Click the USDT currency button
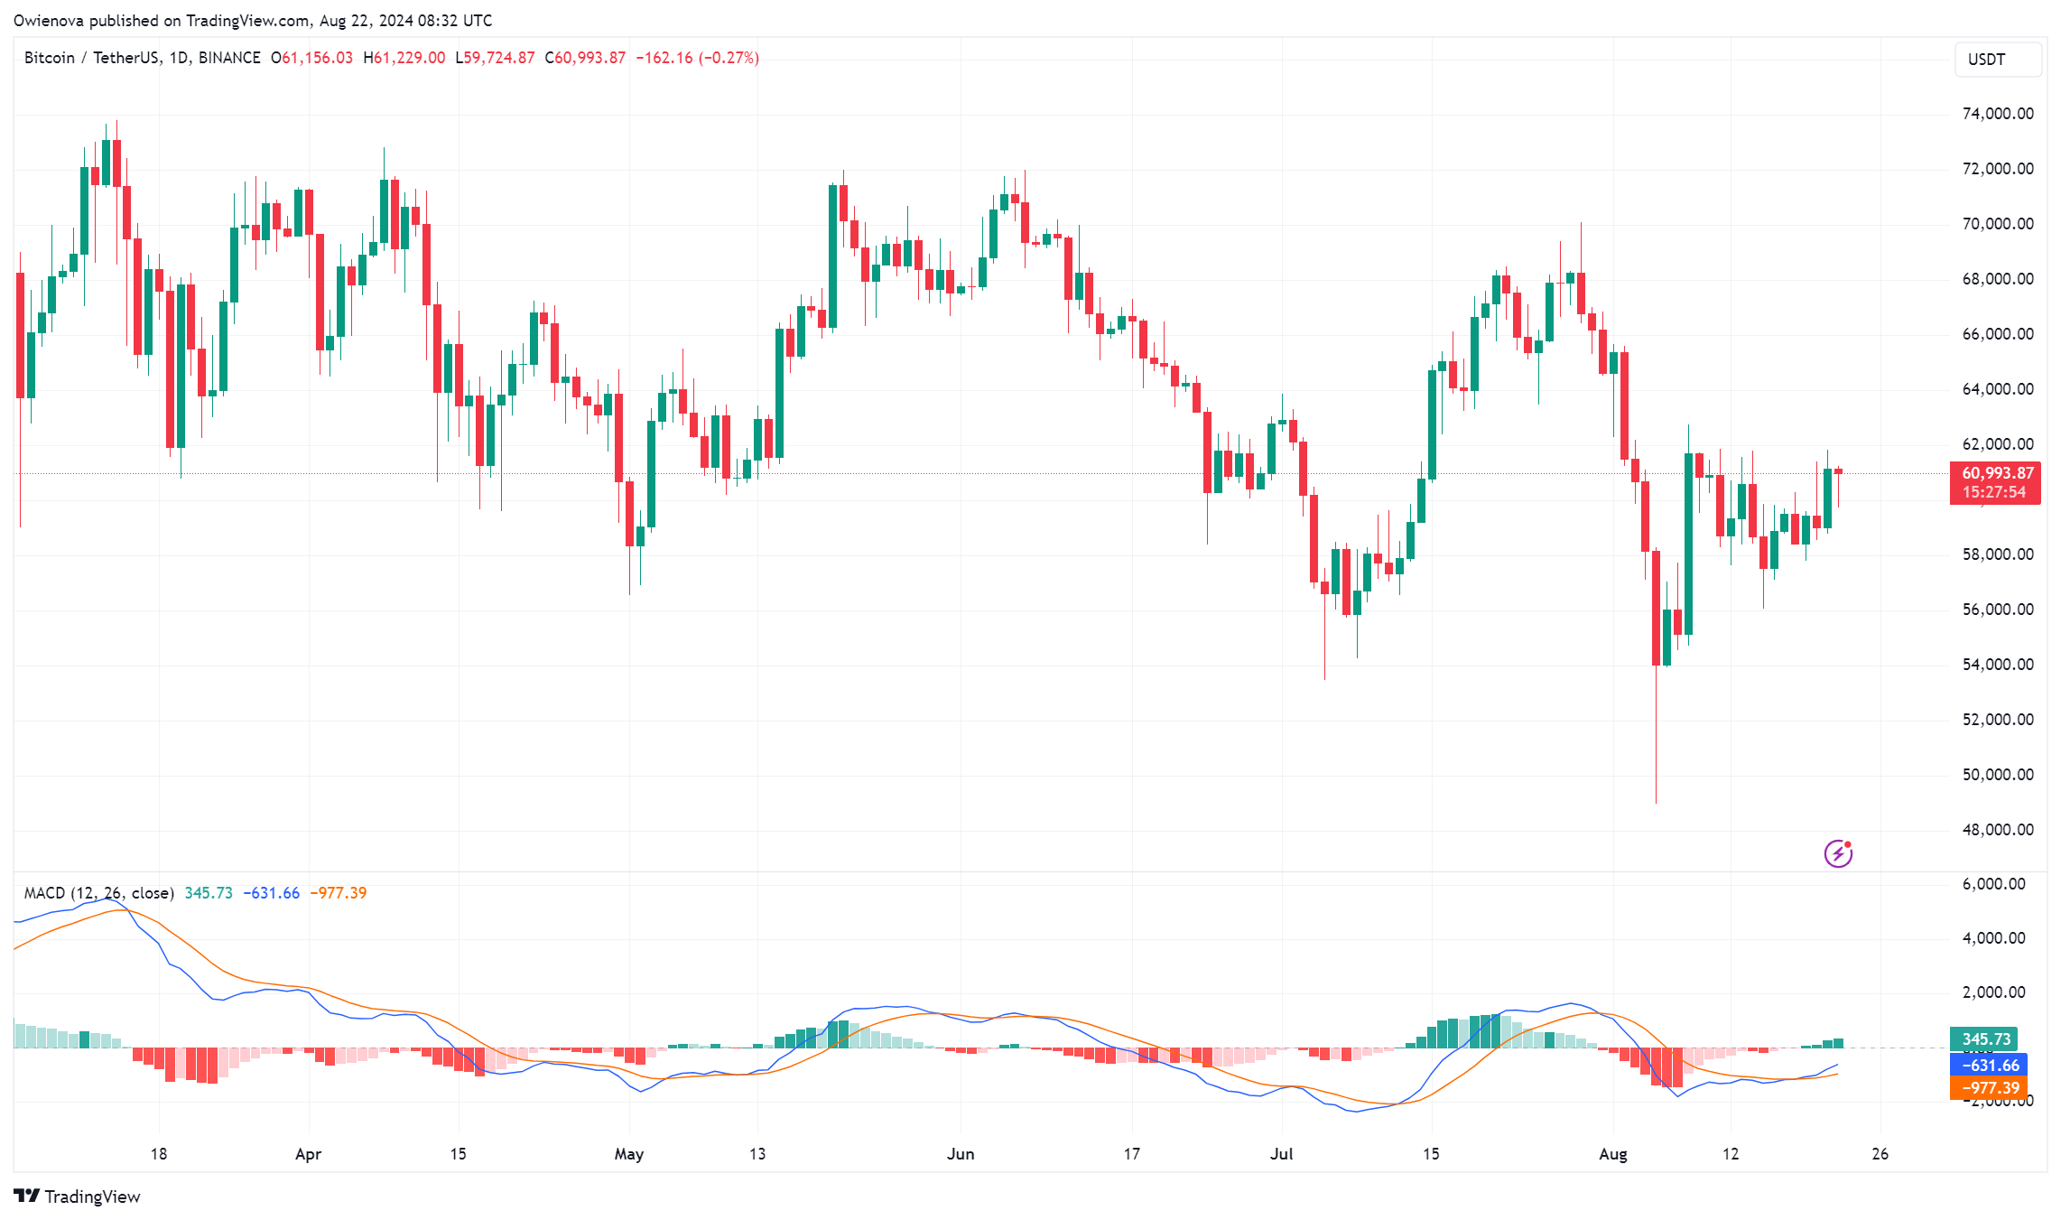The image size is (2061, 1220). [x=1997, y=60]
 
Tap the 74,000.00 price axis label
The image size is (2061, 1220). [x=1997, y=114]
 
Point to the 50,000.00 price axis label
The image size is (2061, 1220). [x=1997, y=775]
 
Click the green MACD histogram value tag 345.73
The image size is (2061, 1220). [x=1986, y=1039]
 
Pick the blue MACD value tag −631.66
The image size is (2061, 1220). [x=1990, y=1066]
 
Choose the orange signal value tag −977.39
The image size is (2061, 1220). [x=1990, y=1088]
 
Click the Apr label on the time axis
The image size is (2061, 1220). [x=308, y=1154]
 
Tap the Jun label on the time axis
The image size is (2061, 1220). [x=961, y=1154]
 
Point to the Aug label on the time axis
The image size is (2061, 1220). [x=1612, y=1154]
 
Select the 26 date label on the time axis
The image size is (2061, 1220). [x=1880, y=1154]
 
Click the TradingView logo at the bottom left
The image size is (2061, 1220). [x=78, y=1197]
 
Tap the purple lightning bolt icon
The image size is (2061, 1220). [x=1838, y=853]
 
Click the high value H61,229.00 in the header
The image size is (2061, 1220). [x=404, y=58]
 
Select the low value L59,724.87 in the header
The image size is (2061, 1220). [x=495, y=58]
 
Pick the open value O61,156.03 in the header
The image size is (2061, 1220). [x=311, y=58]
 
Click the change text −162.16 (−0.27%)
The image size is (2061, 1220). [x=697, y=58]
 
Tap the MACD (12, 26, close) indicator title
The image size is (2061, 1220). [x=99, y=893]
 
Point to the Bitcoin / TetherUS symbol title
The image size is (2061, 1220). [x=90, y=58]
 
